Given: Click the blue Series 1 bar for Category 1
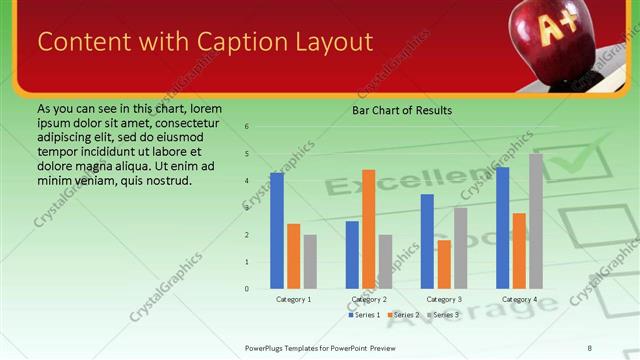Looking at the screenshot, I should click(277, 231).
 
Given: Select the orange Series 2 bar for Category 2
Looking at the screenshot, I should click(368, 229).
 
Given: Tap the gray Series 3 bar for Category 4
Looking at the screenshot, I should click(535, 221).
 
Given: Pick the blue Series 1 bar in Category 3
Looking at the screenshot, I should click(427, 241).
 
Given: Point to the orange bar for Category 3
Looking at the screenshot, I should click(444, 264).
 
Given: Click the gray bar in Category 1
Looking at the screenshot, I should click(310, 262).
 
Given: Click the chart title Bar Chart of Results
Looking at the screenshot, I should click(402, 110).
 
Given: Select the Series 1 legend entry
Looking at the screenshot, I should click(364, 315).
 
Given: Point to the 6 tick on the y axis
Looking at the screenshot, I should click(246, 127).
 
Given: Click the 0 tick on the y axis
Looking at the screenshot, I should click(246, 289).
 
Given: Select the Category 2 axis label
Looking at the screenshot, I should click(370, 299).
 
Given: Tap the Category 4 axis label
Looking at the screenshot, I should click(520, 299).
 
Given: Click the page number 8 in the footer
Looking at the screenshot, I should click(589, 347).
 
